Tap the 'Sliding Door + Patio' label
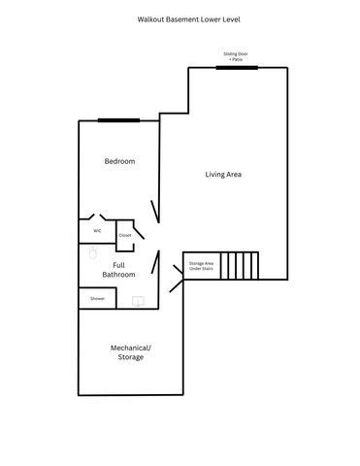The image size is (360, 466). pos(236,56)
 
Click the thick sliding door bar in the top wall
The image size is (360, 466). pos(236,67)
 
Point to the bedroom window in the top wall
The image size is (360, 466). pos(117,120)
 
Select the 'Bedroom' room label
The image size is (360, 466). pos(119,161)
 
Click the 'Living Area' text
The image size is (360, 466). pos(223,175)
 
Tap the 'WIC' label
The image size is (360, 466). pos(97,231)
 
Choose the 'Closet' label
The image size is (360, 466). pos(124,235)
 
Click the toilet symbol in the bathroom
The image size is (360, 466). pos(93,252)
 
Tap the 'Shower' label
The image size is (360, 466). pos(98,299)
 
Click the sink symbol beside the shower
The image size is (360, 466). pos(138,301)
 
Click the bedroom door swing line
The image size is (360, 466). pos(154,211)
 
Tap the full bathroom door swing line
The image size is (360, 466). pos(155,265)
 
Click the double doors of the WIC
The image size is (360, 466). pos(97,217)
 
